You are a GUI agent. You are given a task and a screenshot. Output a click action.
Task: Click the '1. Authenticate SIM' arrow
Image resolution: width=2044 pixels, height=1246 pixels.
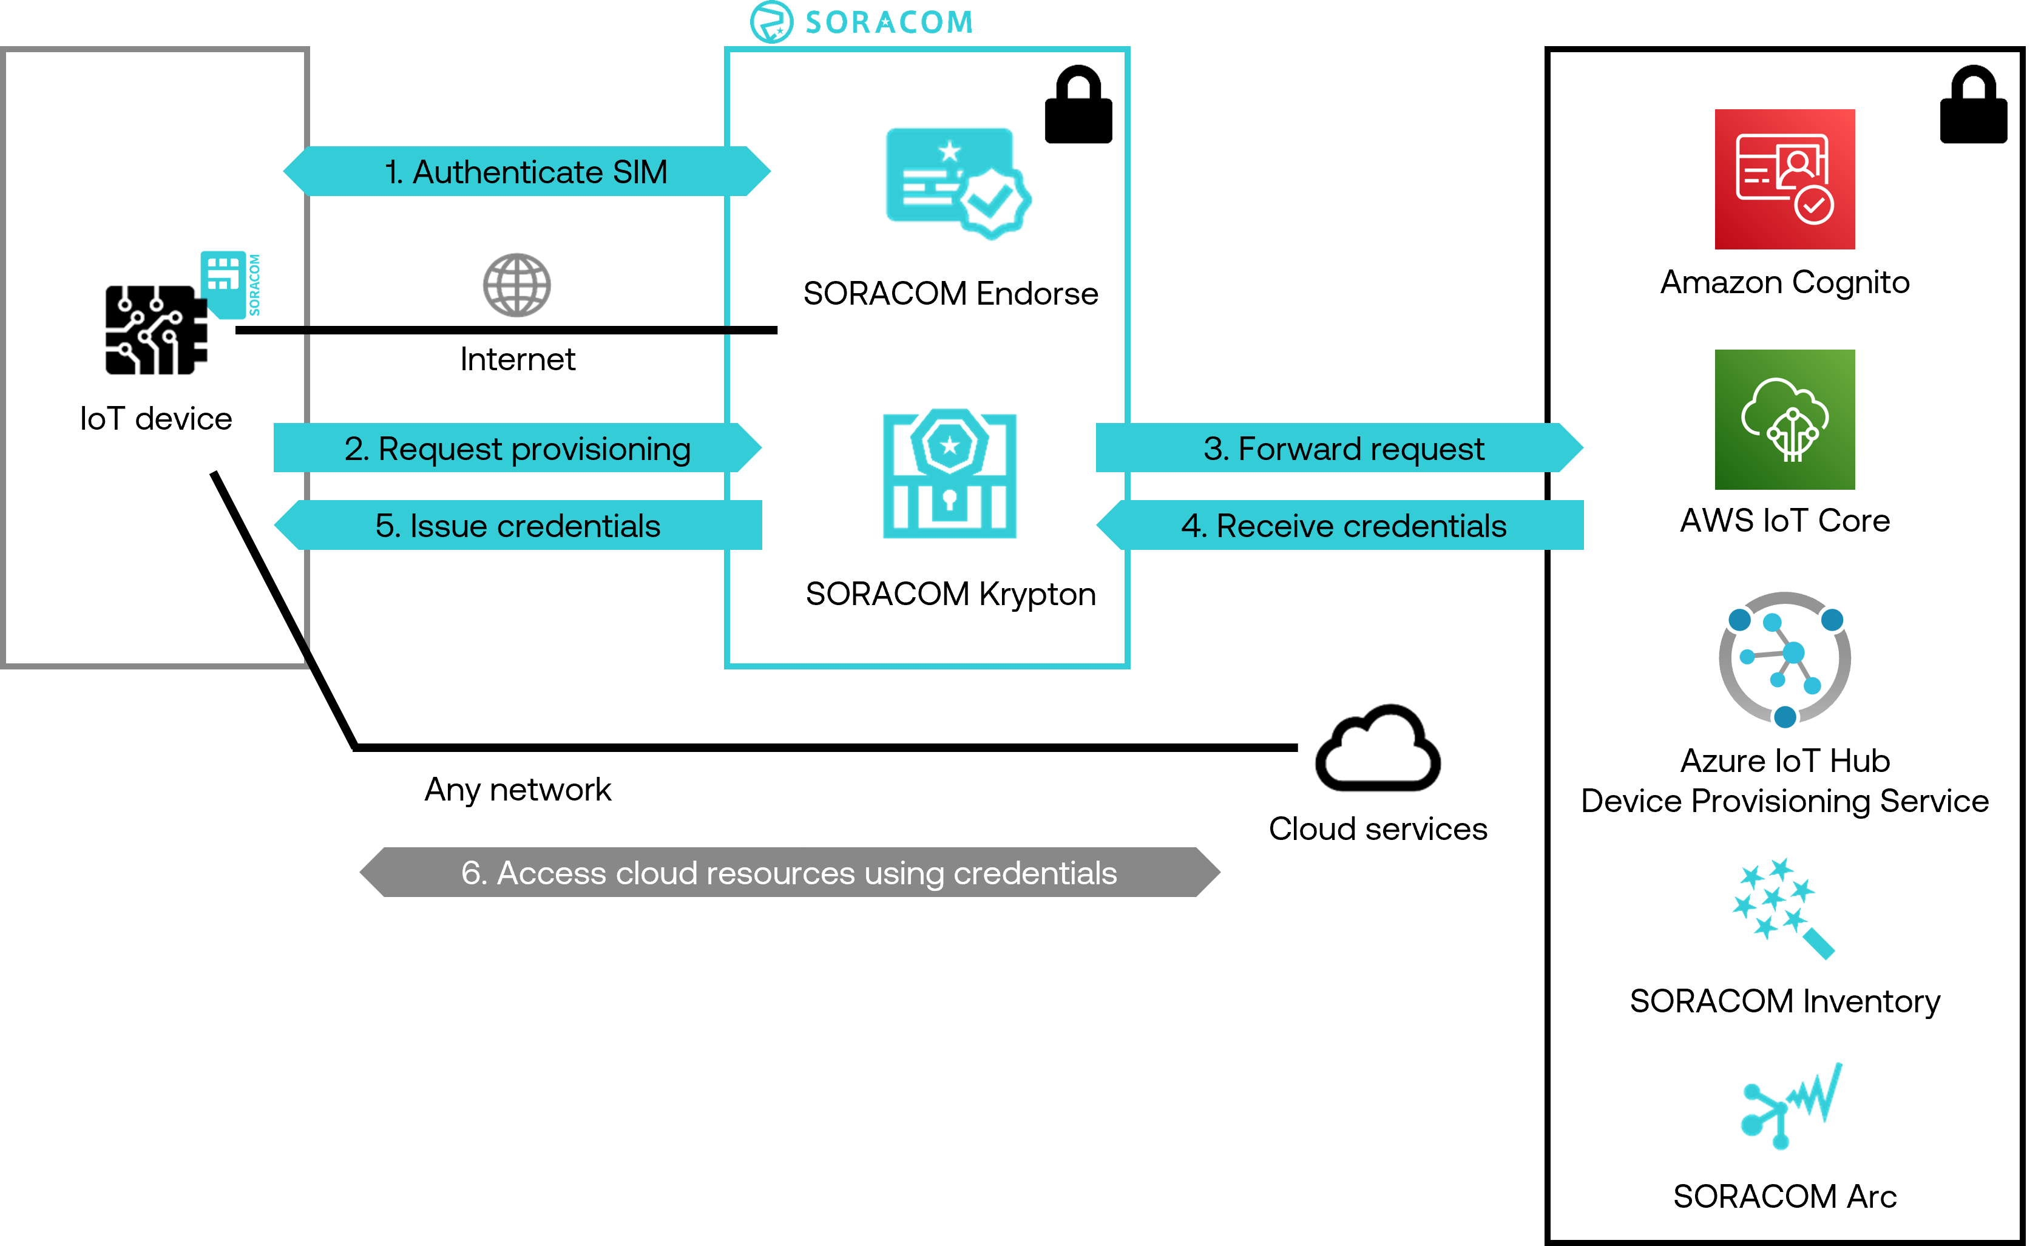point(526,172)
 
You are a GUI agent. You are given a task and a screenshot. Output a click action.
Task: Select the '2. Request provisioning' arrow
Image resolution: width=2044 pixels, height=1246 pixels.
point(518,448)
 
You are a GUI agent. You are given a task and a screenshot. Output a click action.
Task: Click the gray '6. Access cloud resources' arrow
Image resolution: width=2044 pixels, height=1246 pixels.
point(788,872)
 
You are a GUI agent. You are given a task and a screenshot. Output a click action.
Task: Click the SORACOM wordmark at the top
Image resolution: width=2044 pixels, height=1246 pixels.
point(888,22)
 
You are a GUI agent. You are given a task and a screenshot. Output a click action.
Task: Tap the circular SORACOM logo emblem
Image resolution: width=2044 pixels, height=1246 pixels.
point(771,22)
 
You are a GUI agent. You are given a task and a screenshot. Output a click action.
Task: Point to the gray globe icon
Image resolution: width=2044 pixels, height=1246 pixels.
point(517,285)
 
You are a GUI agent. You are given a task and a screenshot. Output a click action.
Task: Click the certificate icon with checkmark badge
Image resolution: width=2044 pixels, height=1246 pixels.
point(957,181)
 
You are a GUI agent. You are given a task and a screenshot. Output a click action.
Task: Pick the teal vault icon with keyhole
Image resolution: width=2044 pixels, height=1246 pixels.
point(949,473)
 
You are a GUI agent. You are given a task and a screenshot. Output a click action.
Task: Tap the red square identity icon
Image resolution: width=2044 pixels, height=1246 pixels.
point(1784,179)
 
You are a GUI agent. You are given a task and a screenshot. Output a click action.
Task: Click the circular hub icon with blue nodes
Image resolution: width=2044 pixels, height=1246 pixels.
point(1784,659)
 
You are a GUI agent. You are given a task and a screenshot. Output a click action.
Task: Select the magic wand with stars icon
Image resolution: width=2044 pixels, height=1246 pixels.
point(1782,907)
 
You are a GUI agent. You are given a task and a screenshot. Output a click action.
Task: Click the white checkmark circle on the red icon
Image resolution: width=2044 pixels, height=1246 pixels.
point(1813,205)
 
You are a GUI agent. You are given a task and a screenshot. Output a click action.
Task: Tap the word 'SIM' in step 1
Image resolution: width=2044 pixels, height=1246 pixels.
point(640,172)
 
